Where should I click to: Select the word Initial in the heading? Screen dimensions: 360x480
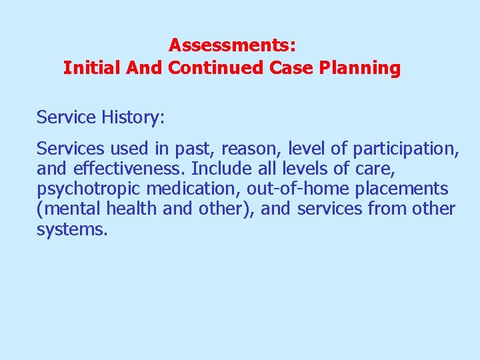[88, 68]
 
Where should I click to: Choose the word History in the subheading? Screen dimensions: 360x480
[133, 118]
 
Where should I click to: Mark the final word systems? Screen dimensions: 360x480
[71, 231]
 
